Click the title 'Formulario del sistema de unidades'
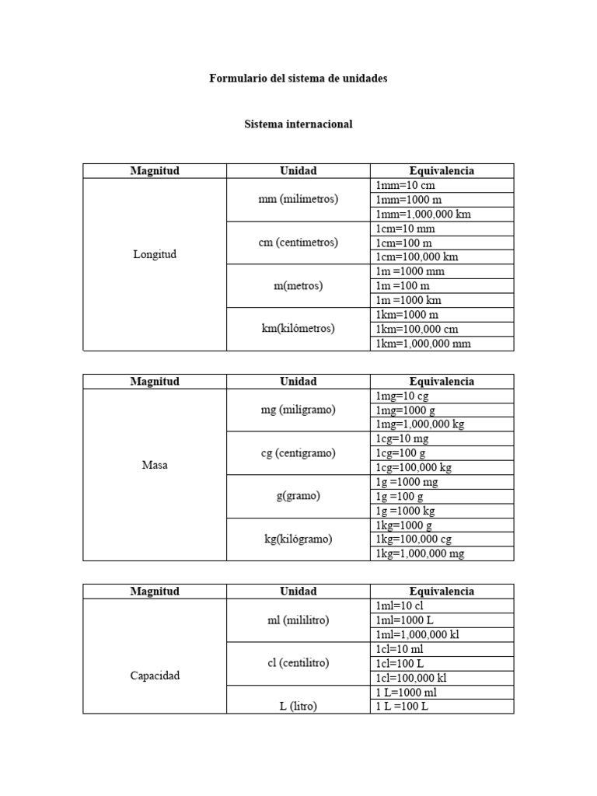coord(298,79)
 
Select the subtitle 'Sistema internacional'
coord(298,124)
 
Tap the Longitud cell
coord(155,254)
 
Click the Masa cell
coord(155,466)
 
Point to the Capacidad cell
coord(155,676)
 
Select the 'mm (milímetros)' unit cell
coord(298,199)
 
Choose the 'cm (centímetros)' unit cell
coord(298,243)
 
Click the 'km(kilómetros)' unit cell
coord(298,328)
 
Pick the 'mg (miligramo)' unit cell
coord(298,410)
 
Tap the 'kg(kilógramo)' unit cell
coord(298,539)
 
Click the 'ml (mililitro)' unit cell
coord(298,620)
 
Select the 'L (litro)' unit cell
coord(298,706)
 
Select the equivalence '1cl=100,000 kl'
coord(411,678)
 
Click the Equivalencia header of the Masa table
coord(442,382)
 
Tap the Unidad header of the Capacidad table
coord(298,592)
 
